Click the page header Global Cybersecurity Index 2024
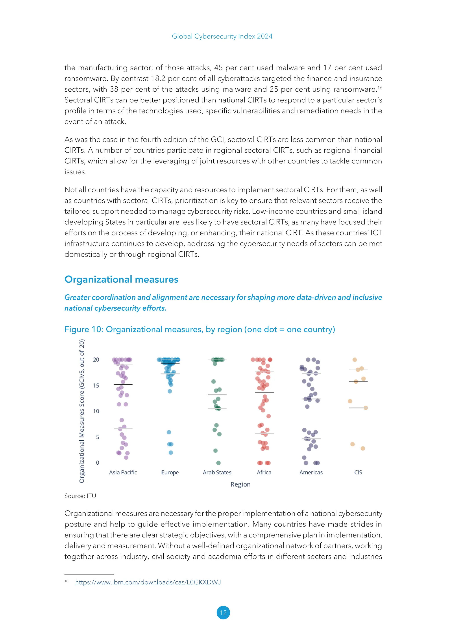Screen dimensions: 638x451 click(222, 36)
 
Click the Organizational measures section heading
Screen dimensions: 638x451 click(121, 279)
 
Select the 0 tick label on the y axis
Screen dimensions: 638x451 click(98, 463)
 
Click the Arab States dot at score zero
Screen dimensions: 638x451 click(218, 463)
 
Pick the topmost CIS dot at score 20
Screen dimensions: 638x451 click(355, 360)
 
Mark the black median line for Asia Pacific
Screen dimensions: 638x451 click(123, 385)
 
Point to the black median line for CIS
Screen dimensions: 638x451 click(358, 382)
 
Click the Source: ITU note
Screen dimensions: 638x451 click(80, 496)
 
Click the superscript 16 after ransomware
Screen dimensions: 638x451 click(380, 88)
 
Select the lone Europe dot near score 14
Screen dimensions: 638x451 click(170, 391)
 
